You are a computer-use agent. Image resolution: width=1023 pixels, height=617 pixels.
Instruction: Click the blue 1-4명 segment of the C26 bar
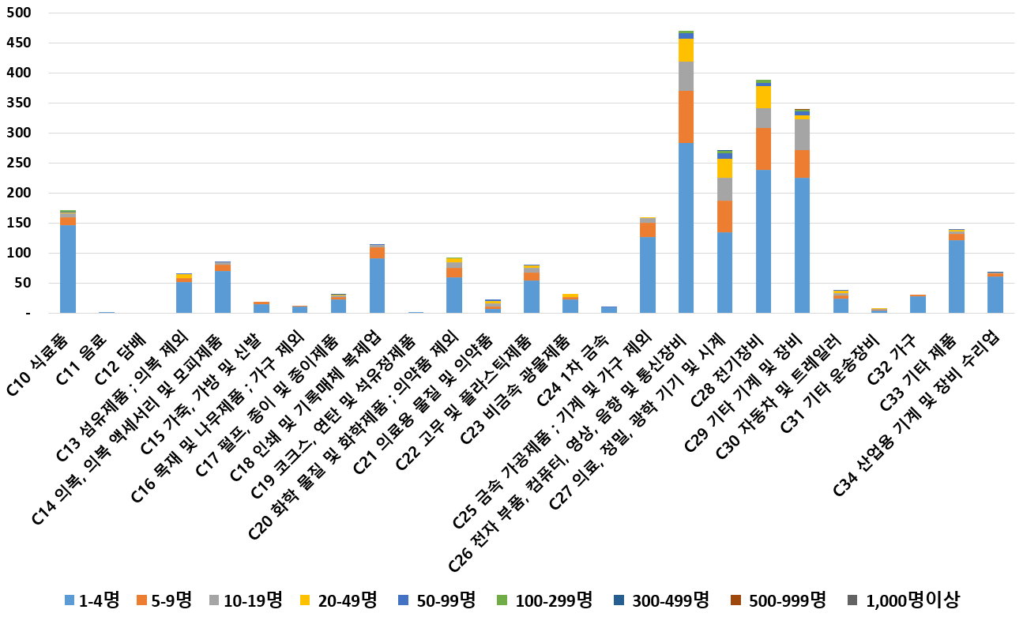tap(686, 228)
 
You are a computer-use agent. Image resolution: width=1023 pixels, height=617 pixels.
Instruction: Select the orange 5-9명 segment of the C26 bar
tap(686, 117)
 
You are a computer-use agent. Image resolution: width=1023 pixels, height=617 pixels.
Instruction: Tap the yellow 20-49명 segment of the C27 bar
tap(724, 168)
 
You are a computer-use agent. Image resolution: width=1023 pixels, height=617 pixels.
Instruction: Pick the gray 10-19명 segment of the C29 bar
tap(802, 135)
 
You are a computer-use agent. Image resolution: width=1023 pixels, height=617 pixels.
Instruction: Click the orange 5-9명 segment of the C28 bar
tap(763, 149)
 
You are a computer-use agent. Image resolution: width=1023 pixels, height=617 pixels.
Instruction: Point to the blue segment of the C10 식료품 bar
tap(68, 269)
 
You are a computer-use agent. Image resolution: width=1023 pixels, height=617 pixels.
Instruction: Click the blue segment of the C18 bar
tap(377, 285)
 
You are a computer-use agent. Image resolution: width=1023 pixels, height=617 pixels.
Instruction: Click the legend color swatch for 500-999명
tap(737, 600)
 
